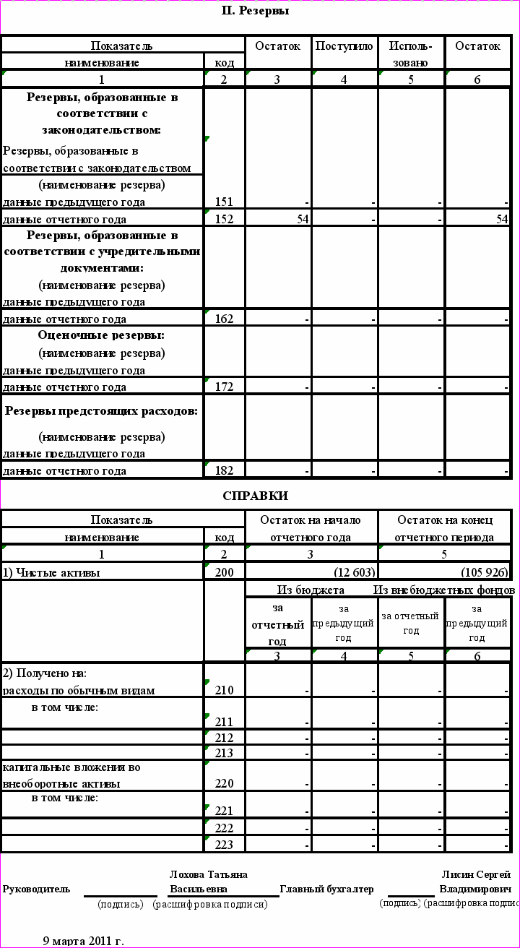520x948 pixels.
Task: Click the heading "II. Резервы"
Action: pos(255,11)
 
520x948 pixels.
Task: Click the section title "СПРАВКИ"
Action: pos(255,496)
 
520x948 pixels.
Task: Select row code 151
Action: pos(224,202)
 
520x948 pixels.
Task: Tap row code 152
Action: pos(224,220)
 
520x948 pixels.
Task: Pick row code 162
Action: pos(224,319)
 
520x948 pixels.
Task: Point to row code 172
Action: pos(224,387)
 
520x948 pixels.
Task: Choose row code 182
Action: pos(224,471)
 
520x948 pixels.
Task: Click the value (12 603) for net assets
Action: pos(353,573)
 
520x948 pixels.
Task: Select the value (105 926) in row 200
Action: pos(484,573)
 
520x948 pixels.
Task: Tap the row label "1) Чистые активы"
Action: pos(51,573)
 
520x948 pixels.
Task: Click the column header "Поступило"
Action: pos(344,46)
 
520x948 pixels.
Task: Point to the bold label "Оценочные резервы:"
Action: pos(101,335)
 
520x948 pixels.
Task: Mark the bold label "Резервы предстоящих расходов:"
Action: pos(101,411)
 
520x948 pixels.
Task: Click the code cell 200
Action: pos(224,573)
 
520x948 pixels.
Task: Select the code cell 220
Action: pos(224,784)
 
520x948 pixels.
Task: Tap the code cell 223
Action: pos(224,845)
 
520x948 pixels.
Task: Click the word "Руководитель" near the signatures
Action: pos(36,889)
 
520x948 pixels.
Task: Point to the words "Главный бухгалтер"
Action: pos(326,889)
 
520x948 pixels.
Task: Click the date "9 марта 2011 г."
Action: pos(84,941)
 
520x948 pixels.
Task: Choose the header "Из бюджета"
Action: pos(311,590)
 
